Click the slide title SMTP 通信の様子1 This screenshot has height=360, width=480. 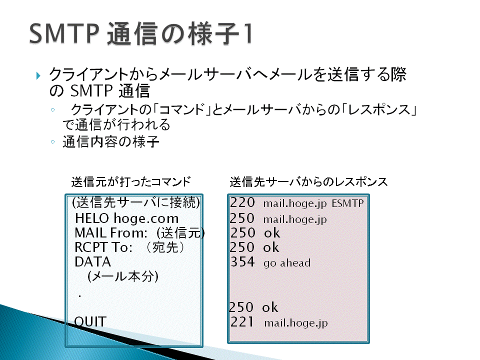[141, 33]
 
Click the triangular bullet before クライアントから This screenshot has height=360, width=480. [38, 75]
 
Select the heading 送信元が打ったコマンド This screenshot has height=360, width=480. [131, 181]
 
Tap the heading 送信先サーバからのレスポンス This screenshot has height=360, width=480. [308, 181]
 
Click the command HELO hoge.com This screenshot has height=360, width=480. [126, 218]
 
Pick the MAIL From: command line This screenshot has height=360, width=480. [139, 233]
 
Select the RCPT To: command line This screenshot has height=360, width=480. [130, 247]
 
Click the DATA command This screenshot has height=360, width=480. [93, 262]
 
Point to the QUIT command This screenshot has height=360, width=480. [90, 321]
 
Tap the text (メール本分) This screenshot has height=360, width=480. [123, 276]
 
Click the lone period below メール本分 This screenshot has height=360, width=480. [79, 296]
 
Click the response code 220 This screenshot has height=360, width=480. [242, 202]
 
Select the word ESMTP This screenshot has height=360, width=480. [348, 203]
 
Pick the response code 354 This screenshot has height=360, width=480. [242, 262]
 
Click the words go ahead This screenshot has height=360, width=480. [287, 263]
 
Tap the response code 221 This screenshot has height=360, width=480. [242, 321]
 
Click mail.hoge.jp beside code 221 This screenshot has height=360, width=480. [296, 323]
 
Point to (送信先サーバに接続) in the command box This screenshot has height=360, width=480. [136, 202]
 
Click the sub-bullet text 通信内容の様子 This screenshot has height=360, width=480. [111, 141]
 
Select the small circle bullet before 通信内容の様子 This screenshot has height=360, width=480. [52, 141]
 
